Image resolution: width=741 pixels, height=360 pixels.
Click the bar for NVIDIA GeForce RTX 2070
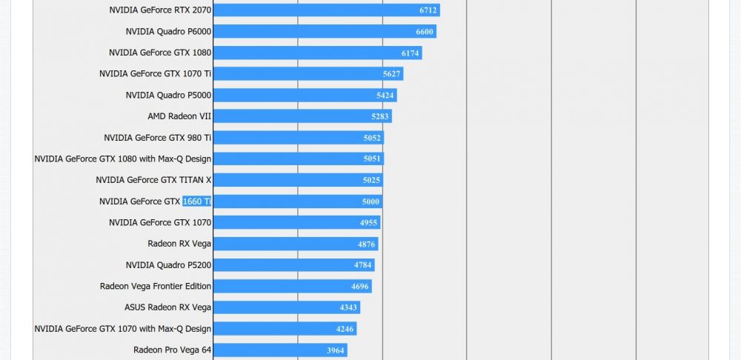pyautogui.click(x=326, y=10)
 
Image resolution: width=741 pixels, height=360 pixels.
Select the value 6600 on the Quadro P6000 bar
pyautogui.click(x=425, y=32)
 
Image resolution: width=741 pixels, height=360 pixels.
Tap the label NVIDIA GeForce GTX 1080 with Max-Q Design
pyautogui.click(x=123, y=159)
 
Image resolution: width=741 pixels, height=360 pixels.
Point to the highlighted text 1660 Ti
pyautogui.click(x=197, y=201)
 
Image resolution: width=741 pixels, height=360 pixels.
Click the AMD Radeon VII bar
pyautogui.click(x=302, y=116)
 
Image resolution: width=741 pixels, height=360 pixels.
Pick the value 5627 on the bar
pyautogui.click(x=392, y=74)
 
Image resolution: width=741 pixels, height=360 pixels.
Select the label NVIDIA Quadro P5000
pyautogui.click(x=168, y=95)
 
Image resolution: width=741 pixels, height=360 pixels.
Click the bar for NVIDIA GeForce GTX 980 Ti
pyautogui.click(x=298, y=138)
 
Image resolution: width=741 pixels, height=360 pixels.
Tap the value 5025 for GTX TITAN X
pyautogui.click(x=371, y=180)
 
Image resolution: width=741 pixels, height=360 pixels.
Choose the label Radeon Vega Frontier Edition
pyautogui.click(x=156, y=286)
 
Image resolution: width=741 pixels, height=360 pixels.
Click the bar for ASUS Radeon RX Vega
pyautogui.click(x=286, y=307)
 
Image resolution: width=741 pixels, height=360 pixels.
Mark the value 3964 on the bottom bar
pyautogui.click(x=336, y=350)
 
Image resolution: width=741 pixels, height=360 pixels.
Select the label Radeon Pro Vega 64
pyautogui.click(x=172, y=350)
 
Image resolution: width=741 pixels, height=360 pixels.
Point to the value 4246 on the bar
pyautogui.click(x=345, y=329)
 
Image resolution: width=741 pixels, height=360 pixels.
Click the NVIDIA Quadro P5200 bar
pyautogui.click(x=293, y=265)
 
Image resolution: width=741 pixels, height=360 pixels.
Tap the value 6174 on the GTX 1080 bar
pyautogui.click(x=411, y=53)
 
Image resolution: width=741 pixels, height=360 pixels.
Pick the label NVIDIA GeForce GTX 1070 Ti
pyautogui.click(x=156, y=74)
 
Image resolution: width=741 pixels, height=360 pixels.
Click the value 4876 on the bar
pyautogui.click(x=366, y=244)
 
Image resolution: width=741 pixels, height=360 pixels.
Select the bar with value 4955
pyautogui.click(x=296, y=222)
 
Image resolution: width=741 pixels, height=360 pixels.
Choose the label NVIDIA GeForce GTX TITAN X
pyautogui.click(x=153, y=180)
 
